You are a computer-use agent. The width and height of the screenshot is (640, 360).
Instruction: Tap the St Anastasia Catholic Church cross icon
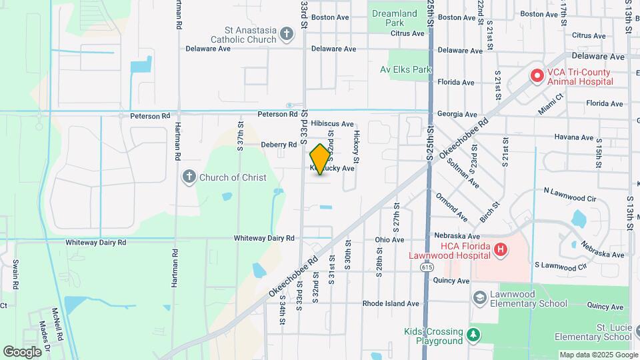pos(287,33)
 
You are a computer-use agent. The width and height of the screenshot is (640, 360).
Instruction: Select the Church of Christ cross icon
pos(189,177)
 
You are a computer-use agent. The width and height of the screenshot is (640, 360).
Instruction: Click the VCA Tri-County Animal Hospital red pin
pos(537,76)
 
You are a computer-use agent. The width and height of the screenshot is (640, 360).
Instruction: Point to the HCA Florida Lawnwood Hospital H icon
pos(500,250)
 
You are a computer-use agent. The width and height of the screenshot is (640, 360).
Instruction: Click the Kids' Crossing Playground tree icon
pos(473,334)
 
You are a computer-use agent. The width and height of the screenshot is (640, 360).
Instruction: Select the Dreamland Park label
pos(394,18)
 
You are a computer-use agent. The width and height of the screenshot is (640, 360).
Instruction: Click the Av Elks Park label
pos(405,69)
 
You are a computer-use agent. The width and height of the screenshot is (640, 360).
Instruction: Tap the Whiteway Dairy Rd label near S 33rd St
pos(264,238)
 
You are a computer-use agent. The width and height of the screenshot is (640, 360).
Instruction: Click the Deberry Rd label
pos(279,145)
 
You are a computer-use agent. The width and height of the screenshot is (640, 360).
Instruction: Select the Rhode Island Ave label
pos(391,303)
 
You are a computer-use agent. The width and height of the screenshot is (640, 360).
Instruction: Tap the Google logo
pos(22,351)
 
